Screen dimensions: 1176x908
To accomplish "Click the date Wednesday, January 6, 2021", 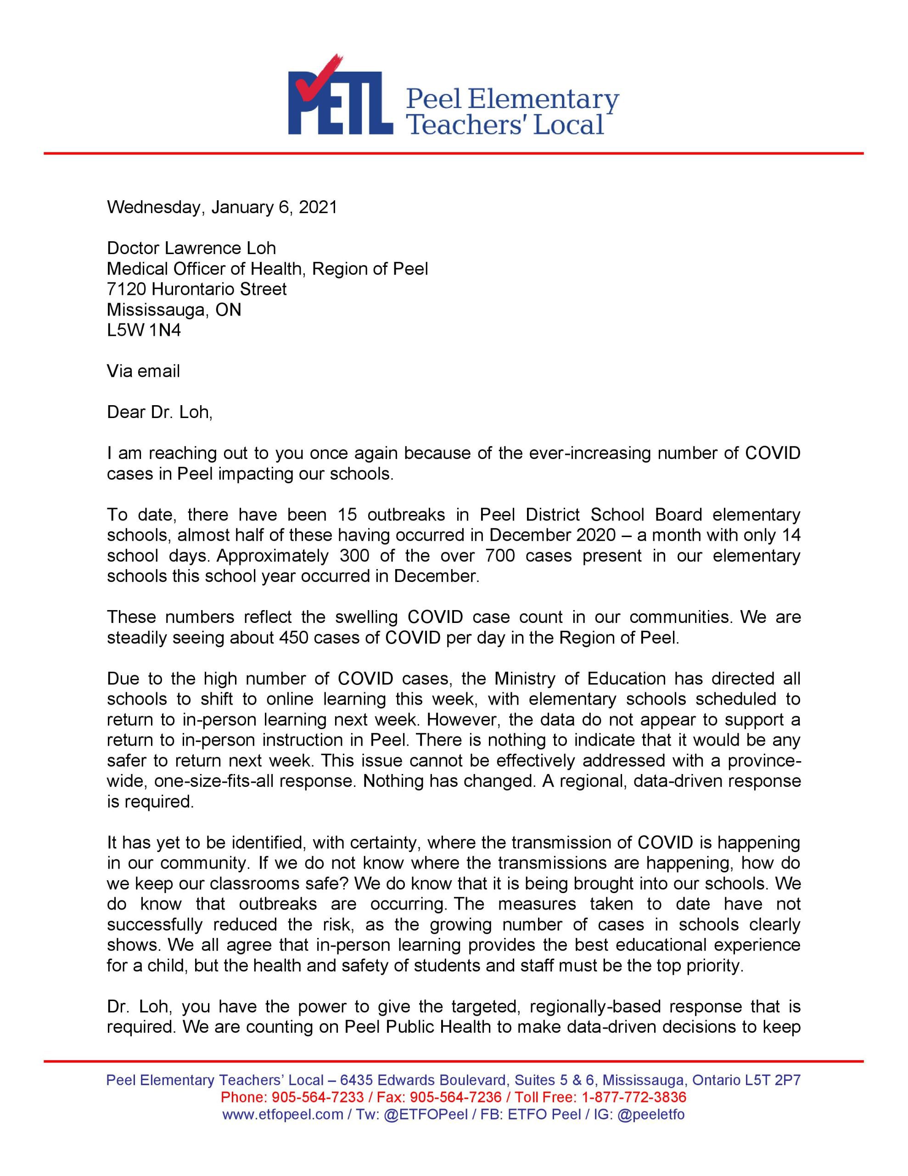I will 222,207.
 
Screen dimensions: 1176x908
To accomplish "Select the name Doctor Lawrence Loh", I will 191,248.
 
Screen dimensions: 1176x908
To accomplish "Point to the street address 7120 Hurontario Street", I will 196,289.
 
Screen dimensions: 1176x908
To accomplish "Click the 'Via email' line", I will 143,371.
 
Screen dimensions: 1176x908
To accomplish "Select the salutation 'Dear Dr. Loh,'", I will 160,412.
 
